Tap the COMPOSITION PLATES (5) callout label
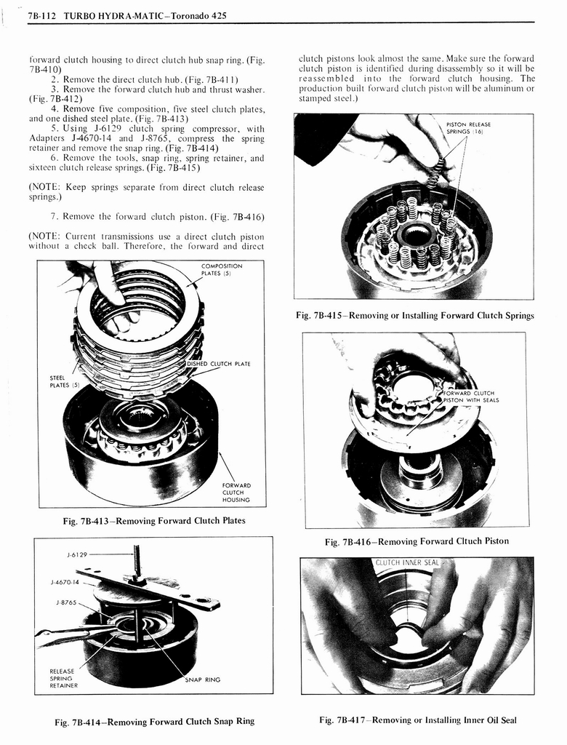click(221, 270)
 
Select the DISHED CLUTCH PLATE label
click(219, 364)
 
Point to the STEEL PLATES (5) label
click(60, 381)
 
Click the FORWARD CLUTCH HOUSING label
click(236, 493)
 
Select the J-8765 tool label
click(67, 602)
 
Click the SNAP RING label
click(203, 680)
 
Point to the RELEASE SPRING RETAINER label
click(63, 678)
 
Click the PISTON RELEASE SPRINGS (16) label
click(469, 128)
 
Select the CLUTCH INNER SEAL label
click(407, 562)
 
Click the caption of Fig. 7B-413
click(153, 520)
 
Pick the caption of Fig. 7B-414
click(155, 721)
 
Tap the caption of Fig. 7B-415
click(414, 315)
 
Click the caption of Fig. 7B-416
click(417, 541)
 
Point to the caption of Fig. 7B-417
click(417, 720)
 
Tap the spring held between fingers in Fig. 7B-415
click(433, 176)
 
